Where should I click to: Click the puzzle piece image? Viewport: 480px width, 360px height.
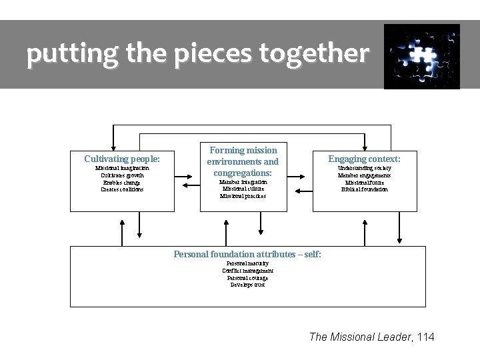421,56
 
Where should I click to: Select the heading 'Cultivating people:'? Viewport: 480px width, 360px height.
122,159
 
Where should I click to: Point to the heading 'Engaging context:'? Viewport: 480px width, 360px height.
364,159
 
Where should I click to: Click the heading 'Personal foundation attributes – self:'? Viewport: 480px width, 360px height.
247,254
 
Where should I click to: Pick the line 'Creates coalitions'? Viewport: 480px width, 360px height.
122,189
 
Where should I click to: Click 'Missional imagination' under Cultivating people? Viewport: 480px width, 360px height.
122,168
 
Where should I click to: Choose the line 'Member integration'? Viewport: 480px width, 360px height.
243,181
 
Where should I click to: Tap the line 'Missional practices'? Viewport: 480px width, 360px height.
243,196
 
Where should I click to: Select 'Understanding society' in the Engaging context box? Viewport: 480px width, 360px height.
364,168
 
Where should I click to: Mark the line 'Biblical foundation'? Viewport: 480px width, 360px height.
364,189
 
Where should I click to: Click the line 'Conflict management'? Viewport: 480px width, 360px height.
247,271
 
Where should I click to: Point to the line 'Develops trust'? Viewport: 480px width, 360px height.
247,285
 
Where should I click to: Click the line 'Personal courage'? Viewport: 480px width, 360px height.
247,277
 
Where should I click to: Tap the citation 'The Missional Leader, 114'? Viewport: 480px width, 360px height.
371,337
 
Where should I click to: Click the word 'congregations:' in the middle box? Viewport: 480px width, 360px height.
243,172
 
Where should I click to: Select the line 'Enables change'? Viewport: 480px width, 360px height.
122,182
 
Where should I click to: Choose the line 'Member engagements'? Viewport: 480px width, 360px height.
364,175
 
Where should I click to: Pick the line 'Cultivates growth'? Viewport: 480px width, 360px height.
122,175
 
